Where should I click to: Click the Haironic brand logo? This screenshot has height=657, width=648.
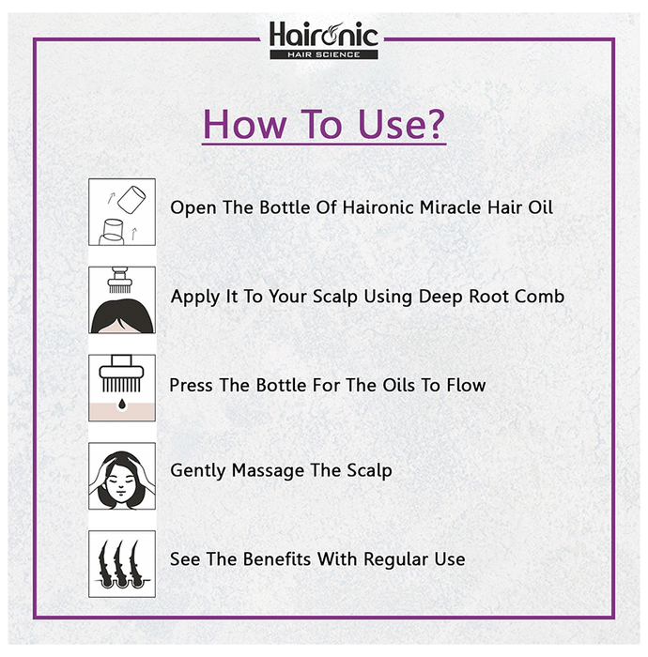(324, 39)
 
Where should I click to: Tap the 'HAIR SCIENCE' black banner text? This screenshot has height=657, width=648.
(324, 54)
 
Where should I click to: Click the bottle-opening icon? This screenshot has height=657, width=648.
(122, 212)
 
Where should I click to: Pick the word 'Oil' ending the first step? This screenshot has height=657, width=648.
(540, 207)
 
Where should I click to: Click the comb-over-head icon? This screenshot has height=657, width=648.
(122, 300)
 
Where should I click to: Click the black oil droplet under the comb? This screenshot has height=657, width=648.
(122, 404)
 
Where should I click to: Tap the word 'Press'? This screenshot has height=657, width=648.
(191, 385)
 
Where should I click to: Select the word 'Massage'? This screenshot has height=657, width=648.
(268, 471)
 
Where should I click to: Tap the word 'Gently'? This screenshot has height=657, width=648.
(198, 471)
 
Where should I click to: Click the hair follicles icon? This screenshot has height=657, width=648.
(122, 564)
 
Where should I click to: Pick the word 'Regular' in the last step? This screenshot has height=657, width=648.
(395, 559)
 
